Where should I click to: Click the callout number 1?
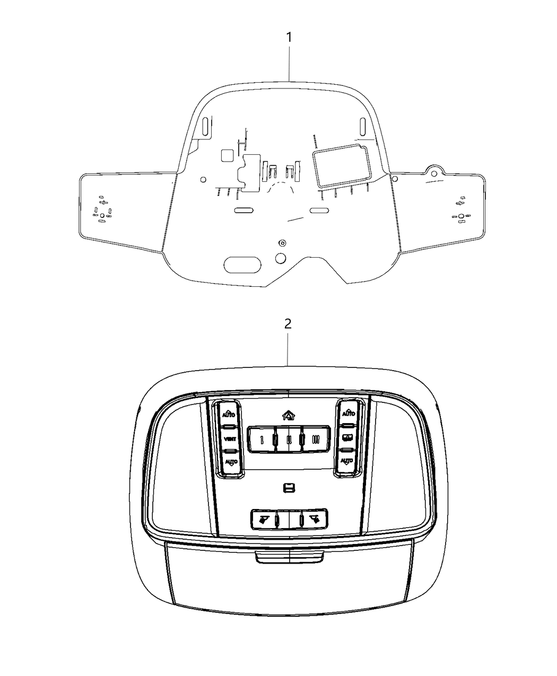pos(289,38)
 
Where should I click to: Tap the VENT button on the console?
pos(230,439)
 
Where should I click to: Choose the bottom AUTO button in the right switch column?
pos(346,461)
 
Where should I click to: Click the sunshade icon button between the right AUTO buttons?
pos(347,438)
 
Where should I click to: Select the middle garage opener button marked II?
pos(289,440)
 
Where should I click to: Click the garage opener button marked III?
pos(315,440)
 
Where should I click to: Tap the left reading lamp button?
pos(263,519)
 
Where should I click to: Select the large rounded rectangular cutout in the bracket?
pos(340,166)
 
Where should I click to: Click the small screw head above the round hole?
pos(282,243)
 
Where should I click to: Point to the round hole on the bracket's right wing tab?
pos(434,172)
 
